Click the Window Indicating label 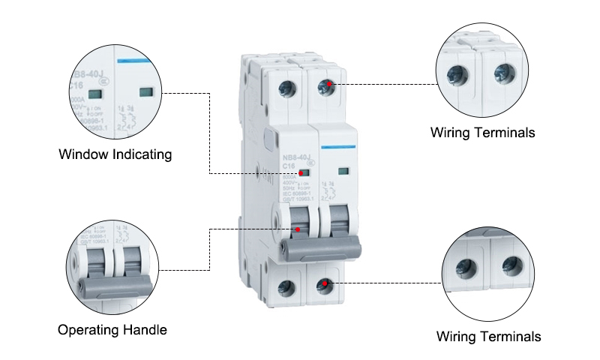point(115,155)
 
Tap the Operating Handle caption point(112,330)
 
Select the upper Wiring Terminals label point(482,133)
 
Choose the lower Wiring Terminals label point(488,337)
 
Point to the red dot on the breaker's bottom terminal point(324,284)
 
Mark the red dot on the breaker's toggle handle point(298,229)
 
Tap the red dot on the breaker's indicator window point(301,174)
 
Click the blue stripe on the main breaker point(342,146)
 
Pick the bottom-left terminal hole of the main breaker point(286,286)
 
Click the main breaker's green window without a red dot point(344,172)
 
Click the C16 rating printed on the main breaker point(287,165)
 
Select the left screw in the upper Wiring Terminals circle point(457,75)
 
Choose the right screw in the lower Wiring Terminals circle point(512,264)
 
